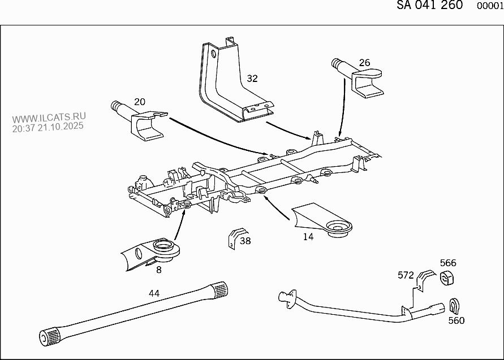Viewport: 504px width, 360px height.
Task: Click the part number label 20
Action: (x=139, y=102)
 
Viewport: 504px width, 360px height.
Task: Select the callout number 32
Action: (x=252, y=79)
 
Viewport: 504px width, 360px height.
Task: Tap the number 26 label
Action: (x=364, y=62)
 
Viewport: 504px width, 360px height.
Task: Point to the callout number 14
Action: (x=308, y=237)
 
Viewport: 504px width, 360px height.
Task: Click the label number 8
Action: (x=159, y=270)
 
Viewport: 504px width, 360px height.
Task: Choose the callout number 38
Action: (x=245, y=241)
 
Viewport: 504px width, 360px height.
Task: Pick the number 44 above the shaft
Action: (x=154, y=293)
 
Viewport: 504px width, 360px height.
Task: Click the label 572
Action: (x=405, y=275)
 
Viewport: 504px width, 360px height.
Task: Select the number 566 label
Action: (x=448, y=263)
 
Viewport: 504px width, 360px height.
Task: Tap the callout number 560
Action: (x=456, y=320)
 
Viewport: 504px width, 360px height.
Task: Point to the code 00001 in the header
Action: (x=490, y=6)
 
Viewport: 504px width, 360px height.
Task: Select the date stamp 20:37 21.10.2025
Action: (x=48, y=127)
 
